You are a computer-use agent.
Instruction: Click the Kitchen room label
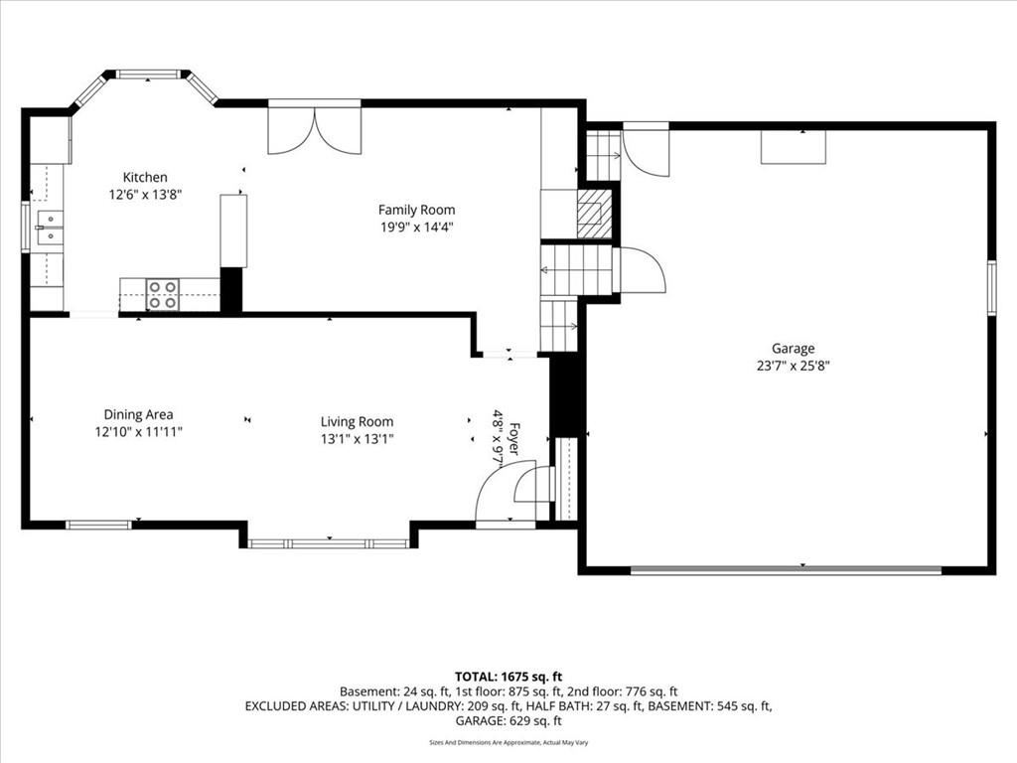145,177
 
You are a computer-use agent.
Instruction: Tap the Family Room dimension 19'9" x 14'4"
416,228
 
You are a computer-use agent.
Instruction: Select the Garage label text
793,349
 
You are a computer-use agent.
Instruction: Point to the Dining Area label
139,414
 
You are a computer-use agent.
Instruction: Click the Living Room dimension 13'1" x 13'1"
358,438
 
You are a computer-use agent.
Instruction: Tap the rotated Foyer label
513,438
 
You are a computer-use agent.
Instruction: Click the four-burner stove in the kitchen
162,294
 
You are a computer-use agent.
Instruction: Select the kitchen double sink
50,229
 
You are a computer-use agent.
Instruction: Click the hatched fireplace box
590,214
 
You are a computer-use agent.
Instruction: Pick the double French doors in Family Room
315,130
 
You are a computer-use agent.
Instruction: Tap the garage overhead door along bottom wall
786,570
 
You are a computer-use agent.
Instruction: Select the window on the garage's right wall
991,287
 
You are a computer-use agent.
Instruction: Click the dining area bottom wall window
99,525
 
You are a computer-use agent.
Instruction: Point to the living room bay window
329,543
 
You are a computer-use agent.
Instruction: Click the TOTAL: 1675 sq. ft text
508,678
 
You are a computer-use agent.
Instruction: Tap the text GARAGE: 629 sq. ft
508,721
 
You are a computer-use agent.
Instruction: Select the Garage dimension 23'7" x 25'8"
794,366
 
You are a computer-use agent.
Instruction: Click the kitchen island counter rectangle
233,230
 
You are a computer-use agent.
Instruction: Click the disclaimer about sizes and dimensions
508,742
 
